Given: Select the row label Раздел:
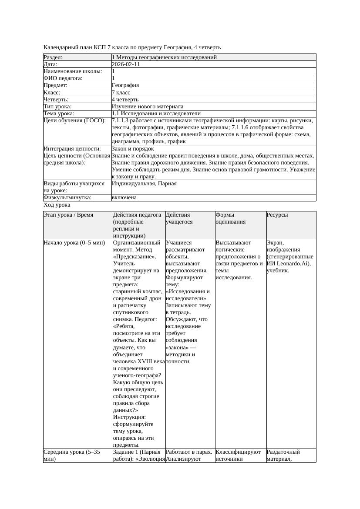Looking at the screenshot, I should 53,57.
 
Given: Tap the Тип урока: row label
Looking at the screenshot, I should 57,107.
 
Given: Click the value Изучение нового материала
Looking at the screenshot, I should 148,107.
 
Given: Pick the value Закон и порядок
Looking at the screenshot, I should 133,149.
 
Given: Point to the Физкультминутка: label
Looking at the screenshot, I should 67,198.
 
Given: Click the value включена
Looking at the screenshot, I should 124,198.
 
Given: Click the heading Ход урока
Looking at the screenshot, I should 57,205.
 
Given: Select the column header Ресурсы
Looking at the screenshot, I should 277,215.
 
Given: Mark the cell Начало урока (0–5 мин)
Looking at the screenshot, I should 74,243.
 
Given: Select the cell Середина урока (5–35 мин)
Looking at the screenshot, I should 71,455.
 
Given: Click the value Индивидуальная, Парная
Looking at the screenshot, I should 144,184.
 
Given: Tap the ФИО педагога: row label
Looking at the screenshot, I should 63,78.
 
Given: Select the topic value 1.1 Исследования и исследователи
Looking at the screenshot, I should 156,114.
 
